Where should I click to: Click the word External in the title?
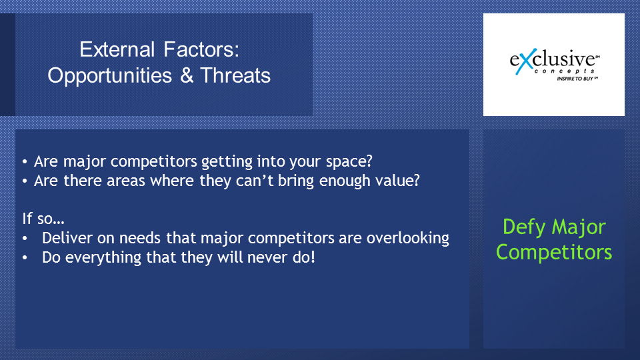(x=117, y=49)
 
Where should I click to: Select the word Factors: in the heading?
(x=201, y=49)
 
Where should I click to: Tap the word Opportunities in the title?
(x=110, y=76)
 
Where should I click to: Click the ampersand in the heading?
(x=187, y=75)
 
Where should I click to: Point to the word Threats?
(x=235, y=75)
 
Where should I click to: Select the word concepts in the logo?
(x=565, y=71)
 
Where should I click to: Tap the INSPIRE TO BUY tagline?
(x=577, y=79)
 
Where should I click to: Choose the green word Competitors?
(x=554, y=252)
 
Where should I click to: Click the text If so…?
(x=43, y=219)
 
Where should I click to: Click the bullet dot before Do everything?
(x=25, y=258)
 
